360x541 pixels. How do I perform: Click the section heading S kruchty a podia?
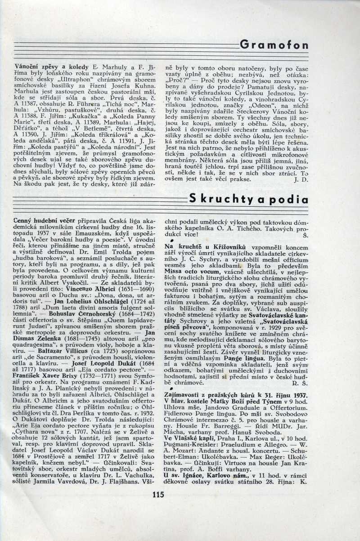pyautogui.click(x=248, y=198)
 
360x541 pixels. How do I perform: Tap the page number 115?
pyautogui.click(x=160, y=496)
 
